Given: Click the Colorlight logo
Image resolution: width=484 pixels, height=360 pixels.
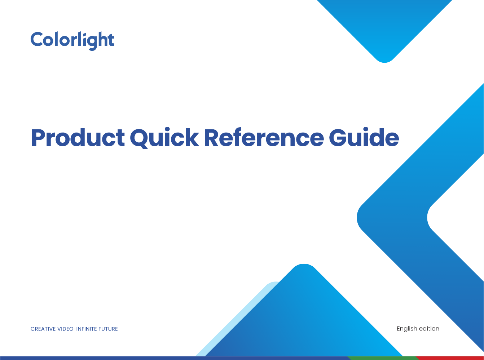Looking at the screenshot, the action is click(x=72, y=41).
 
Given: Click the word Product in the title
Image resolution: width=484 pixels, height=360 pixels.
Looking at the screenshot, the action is click(x=78, y=138).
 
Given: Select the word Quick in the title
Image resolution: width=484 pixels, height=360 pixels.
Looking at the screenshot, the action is click(x=164, y=138).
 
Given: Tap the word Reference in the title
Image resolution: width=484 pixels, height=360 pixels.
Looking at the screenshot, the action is click(x=264, y=137).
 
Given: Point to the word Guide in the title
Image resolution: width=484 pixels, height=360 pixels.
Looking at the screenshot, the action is click(x=364, y=137).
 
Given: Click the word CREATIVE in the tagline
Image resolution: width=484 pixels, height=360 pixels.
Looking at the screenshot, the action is click(x=43, y=329).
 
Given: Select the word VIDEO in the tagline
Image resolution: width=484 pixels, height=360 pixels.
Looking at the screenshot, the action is click(x=66, y=329).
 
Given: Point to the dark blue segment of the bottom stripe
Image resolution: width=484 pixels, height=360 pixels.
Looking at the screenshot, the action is click(x=175, y=358).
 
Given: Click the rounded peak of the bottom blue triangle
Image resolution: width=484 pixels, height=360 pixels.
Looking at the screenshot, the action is click(x=304, y=265).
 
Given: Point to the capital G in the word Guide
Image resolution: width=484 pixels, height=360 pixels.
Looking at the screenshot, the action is click(x=338, y=137).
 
